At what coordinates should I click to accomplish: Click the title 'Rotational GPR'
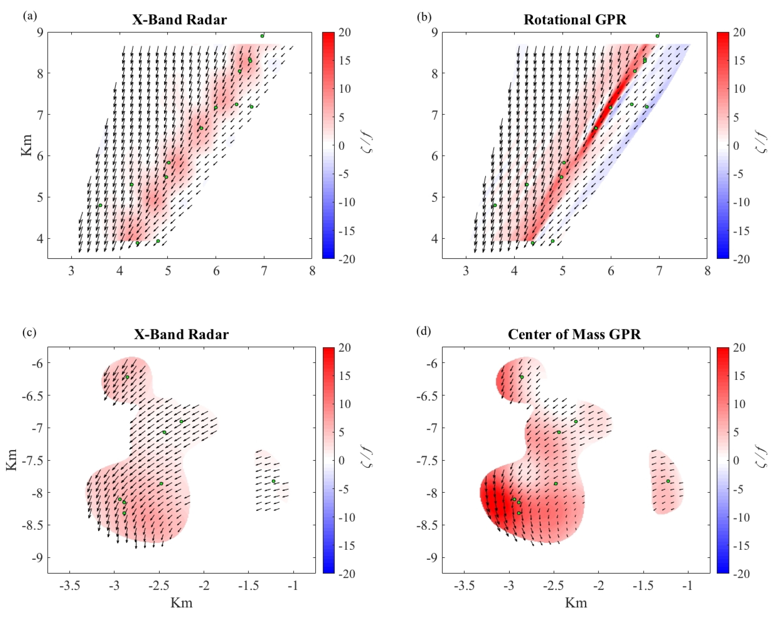click(x=575, y=20)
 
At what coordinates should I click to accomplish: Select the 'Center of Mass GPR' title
click(x=574, y=334)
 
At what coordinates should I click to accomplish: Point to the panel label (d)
click(x=424, y=332)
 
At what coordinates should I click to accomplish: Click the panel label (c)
click(x=30, y=332)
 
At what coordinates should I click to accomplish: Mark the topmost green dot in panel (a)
click(x=262, y=36)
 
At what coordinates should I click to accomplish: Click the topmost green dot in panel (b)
click(x=657, y=36)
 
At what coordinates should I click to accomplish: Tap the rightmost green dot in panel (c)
click(x=274, y=481)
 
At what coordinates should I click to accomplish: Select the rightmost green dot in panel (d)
click(x=668, y=481)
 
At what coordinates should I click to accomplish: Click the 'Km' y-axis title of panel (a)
click(x=26, y=145)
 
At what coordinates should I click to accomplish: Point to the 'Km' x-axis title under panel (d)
click(x=576, y=603)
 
